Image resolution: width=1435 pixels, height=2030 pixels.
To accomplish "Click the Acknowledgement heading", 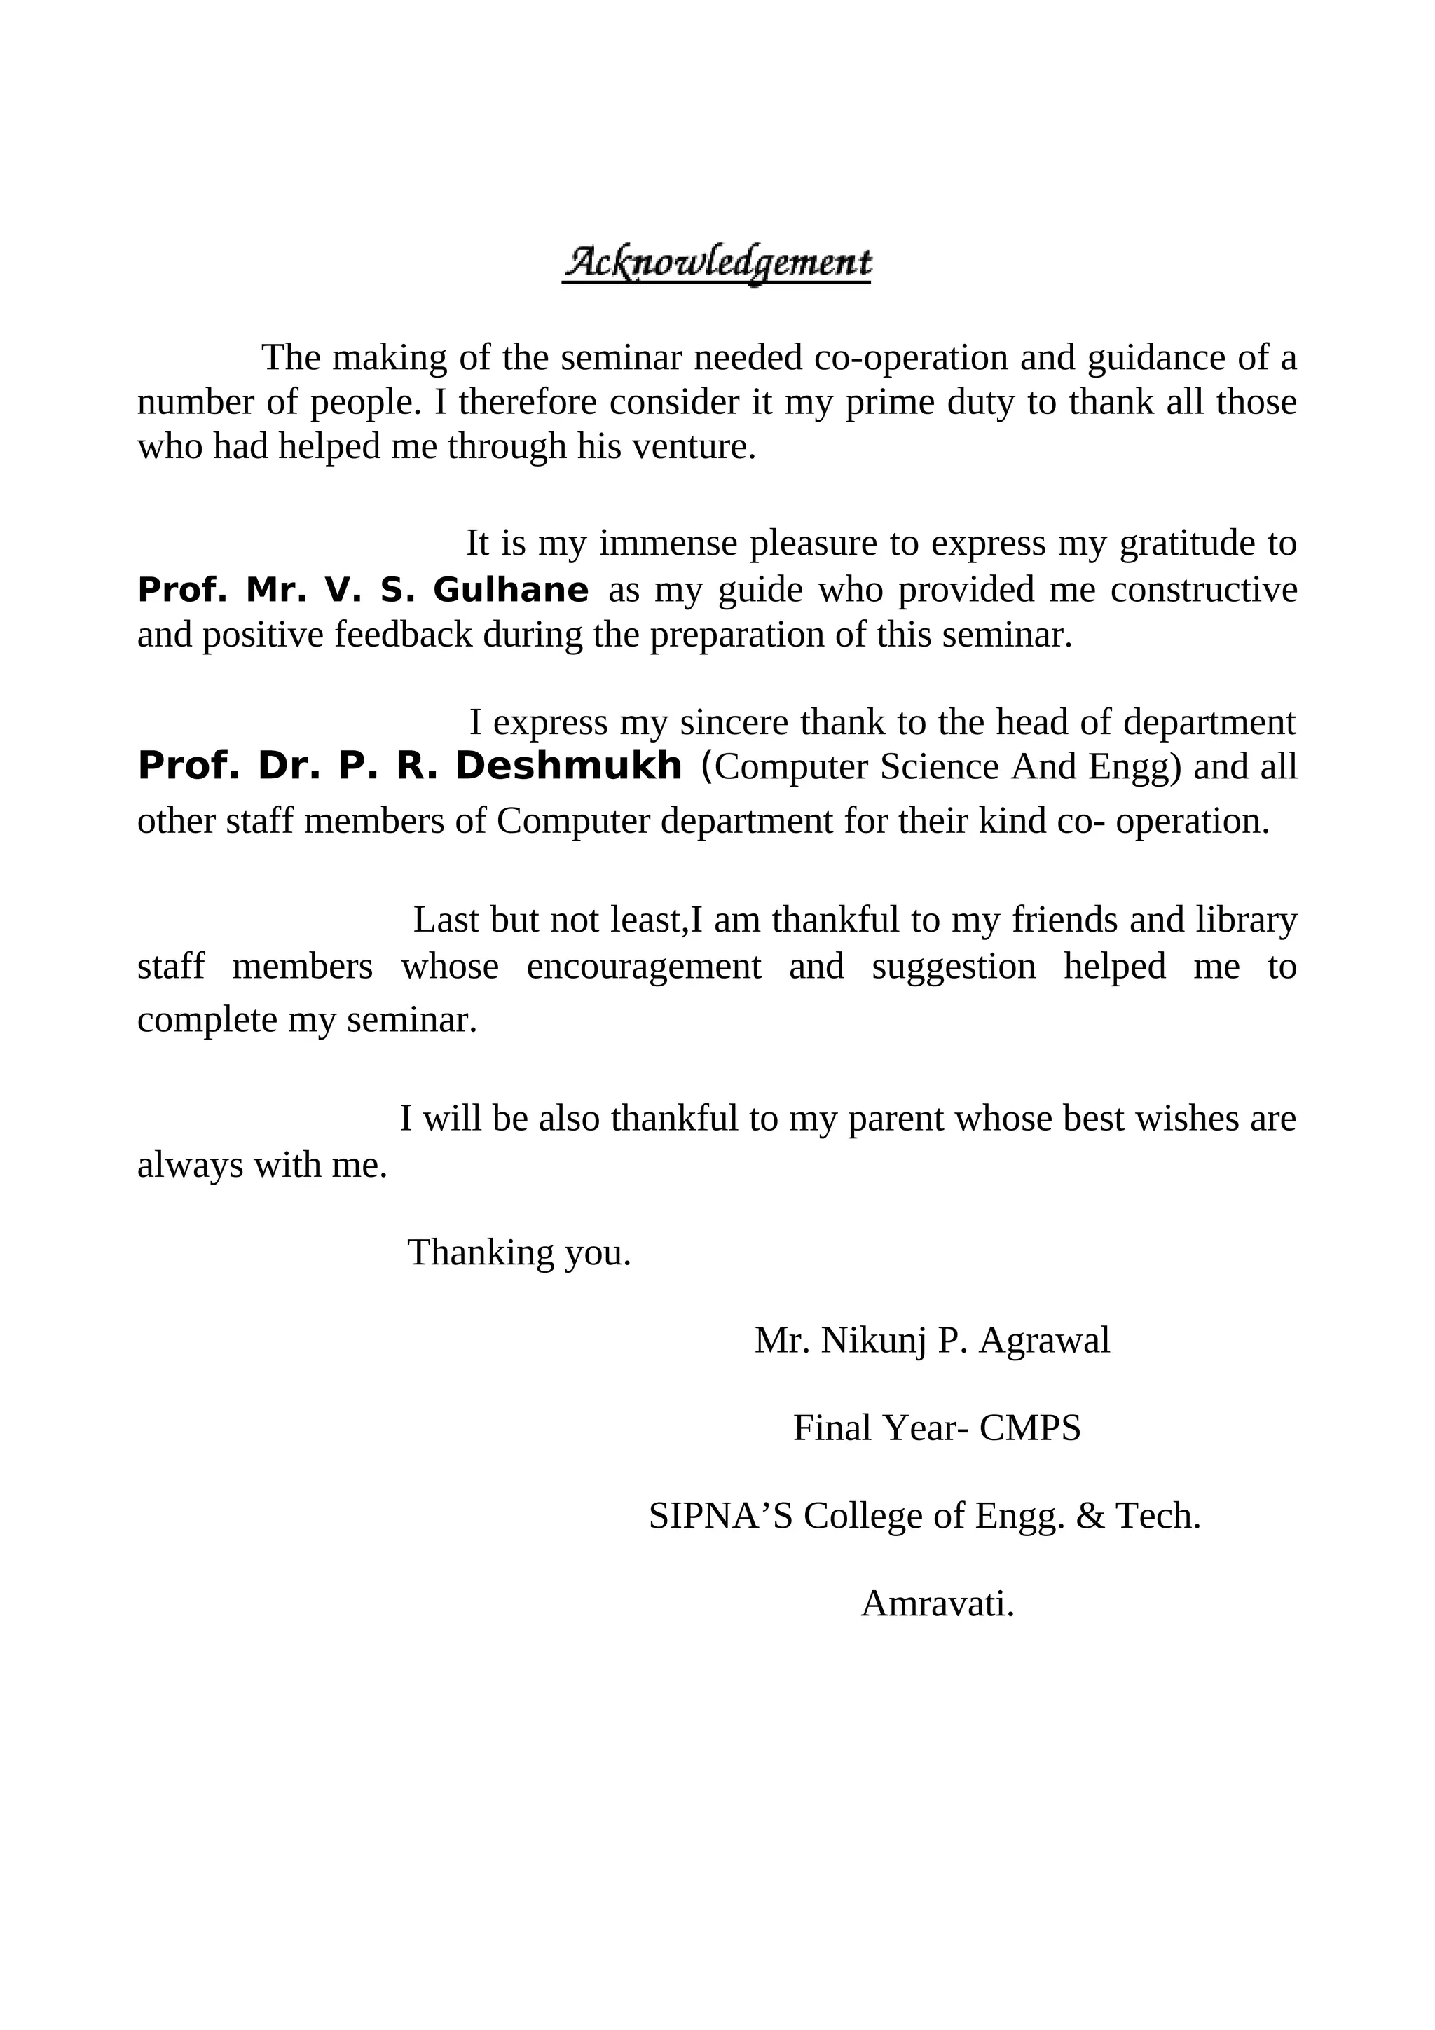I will tap(716, 263).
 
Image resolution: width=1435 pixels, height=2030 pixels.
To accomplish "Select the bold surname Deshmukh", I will tap(568, 766).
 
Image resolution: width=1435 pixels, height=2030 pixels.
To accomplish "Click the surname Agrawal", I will tap(1044, 1341).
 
